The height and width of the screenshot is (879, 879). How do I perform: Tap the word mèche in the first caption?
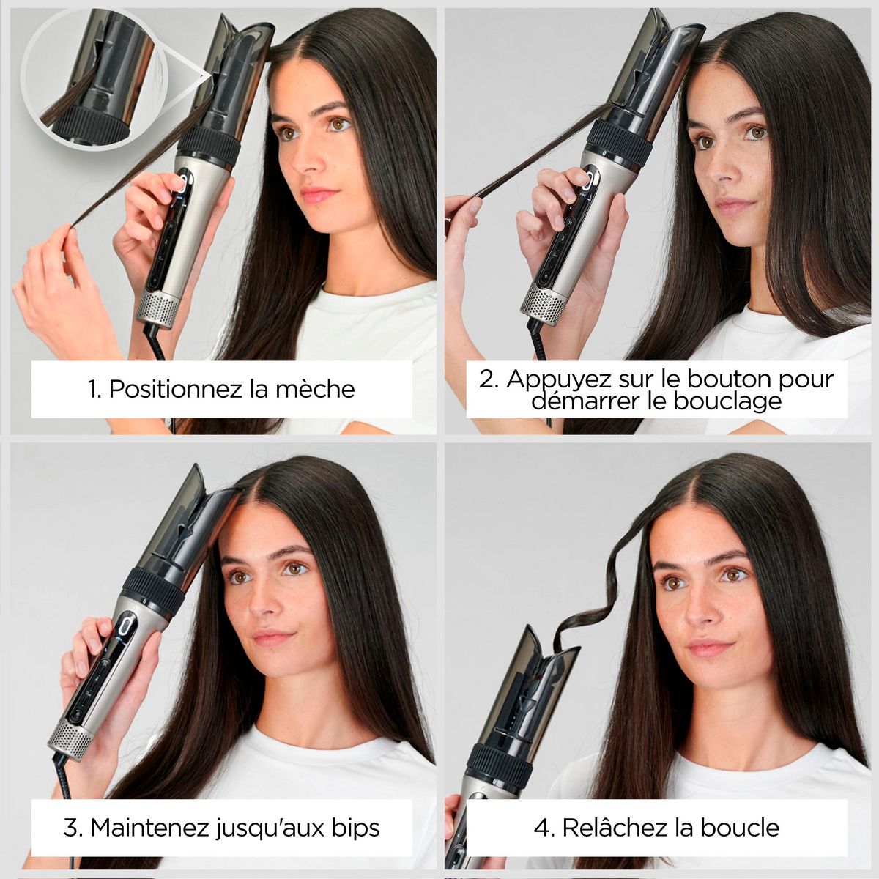316,388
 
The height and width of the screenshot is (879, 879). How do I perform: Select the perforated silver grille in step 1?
157,309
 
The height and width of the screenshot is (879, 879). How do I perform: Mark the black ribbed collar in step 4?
500,765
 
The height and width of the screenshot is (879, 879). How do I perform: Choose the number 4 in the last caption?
542,828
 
